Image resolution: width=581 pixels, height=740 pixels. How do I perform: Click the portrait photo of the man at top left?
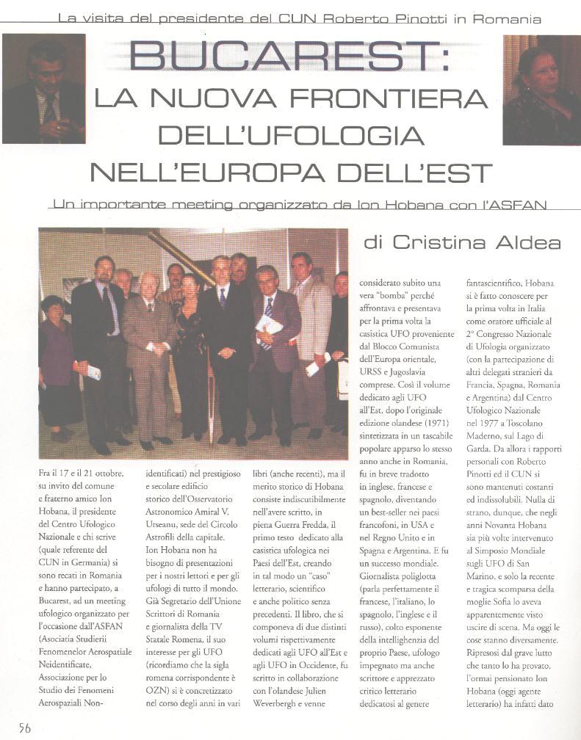(43, 89)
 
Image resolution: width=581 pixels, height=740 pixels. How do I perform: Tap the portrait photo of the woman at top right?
(541, 90)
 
